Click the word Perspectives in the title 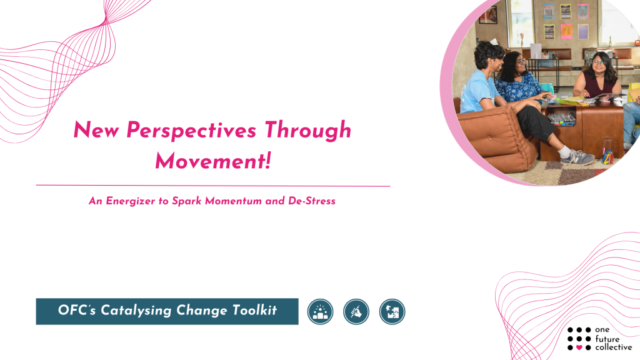point(191,131)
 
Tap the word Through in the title point(308,130)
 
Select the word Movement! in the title point(213,161)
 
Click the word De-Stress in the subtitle point(312,201)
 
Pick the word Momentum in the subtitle point(233,201)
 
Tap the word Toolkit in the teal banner point(255,310)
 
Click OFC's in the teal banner point(77,310)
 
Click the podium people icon point(321,312)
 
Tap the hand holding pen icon point(356,312)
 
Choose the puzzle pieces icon point(392,312)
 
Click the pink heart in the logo point(579,347)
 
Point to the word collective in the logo point(614,347)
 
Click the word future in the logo point(607,339)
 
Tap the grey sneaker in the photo point(578,157)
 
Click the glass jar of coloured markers point(607,151)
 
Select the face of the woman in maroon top point(598,63)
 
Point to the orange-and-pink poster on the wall point(566,31)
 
